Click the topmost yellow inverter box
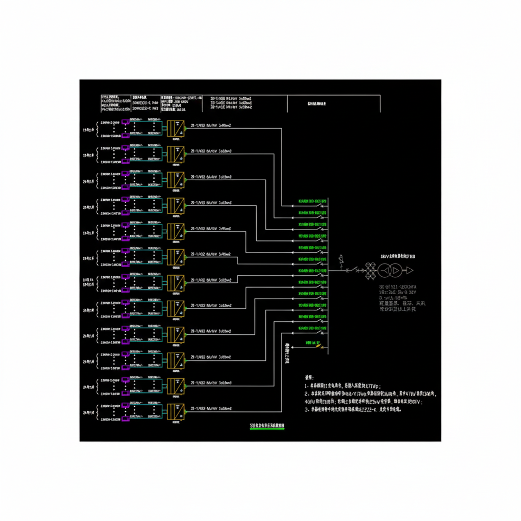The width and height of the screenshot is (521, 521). [x=176, y=129]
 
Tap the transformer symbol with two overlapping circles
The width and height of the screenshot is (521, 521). [x=390, y=270]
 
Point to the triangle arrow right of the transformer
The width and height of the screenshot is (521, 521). [x=409, y=270]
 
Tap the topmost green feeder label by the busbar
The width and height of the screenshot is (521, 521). [x=309, y=201]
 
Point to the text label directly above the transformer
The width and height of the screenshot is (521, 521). [x=397, y=256]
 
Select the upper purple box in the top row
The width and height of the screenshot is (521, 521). [x=125, y=122]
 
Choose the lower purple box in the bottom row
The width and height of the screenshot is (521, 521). [x=125, y=419]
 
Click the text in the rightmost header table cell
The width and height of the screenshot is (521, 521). [x=316, y=103]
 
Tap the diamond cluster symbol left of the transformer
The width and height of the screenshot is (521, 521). [x=371, y=270]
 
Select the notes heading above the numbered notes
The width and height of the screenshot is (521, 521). [x=309, y=376]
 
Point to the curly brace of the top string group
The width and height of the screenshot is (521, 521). [x=97, y=129]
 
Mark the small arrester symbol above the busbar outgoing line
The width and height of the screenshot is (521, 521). [x=341, y=261]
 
